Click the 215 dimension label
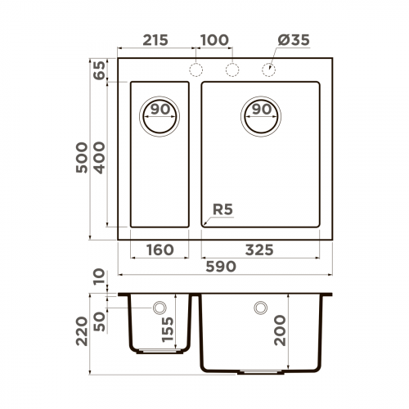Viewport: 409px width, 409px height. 155,40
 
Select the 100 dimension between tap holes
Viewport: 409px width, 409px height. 213,40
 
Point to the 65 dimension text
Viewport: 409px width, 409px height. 100,70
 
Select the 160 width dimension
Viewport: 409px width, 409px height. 160,249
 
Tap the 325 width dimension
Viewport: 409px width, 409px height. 260,249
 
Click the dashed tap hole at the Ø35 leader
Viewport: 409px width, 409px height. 268,70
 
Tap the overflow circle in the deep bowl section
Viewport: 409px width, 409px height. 260,308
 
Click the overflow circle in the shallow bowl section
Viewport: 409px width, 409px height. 160,308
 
